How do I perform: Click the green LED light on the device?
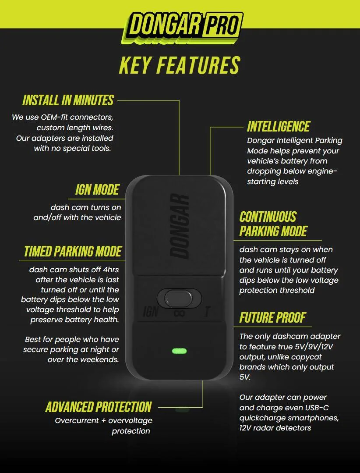click(x=179, y=351)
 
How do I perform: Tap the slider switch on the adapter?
click(x=178, y=298)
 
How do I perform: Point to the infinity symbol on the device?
click(x=180, y=313)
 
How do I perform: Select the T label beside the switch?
click(x=207, y=312)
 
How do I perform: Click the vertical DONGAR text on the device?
click(x=180, y=226)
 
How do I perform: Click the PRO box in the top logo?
click(x=222, y=25)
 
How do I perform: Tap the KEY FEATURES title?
click(x=180, y=65)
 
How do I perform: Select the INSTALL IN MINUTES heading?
click(x=68, y=100)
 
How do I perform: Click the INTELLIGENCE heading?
click(x=279, y=126)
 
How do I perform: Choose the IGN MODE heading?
click(x=97, y=190)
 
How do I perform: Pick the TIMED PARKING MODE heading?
click(x=73, y=252)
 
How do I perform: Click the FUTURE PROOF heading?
click(x=273, y=318)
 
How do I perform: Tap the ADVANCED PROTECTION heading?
click(x=99, y=407)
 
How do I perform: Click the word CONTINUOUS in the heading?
click(x=268, y=217)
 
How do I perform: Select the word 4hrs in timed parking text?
click(x=111, y=270)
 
